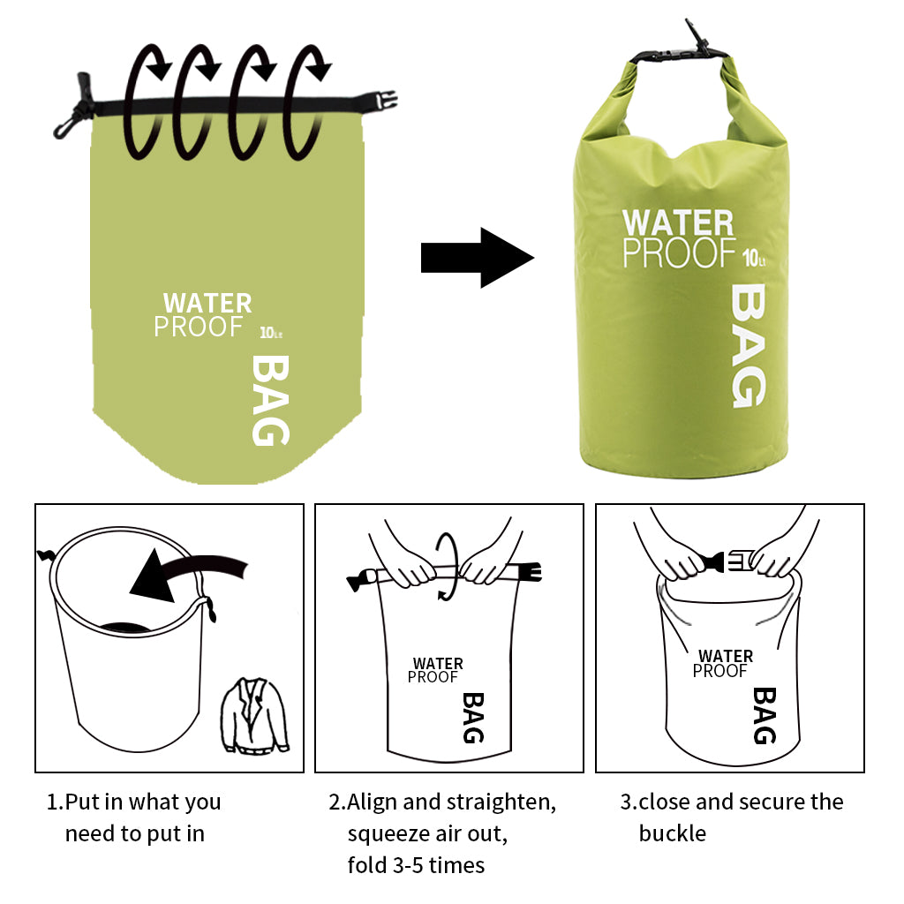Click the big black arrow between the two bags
tap(478, 258)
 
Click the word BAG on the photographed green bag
tap(749, 346)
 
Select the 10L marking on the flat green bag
tap(271, 333)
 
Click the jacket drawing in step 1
tap(254, 715)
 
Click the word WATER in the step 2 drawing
tap(438, 664)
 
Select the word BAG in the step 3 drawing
tap(765, 715)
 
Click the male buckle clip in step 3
tap(739, 561)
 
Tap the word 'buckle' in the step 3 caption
tap(672, 833)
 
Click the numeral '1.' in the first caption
tap(55, 802)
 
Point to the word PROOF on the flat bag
tap(199, 327)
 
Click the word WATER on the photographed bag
tap(678, 222)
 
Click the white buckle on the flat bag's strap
tap(386, 102)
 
